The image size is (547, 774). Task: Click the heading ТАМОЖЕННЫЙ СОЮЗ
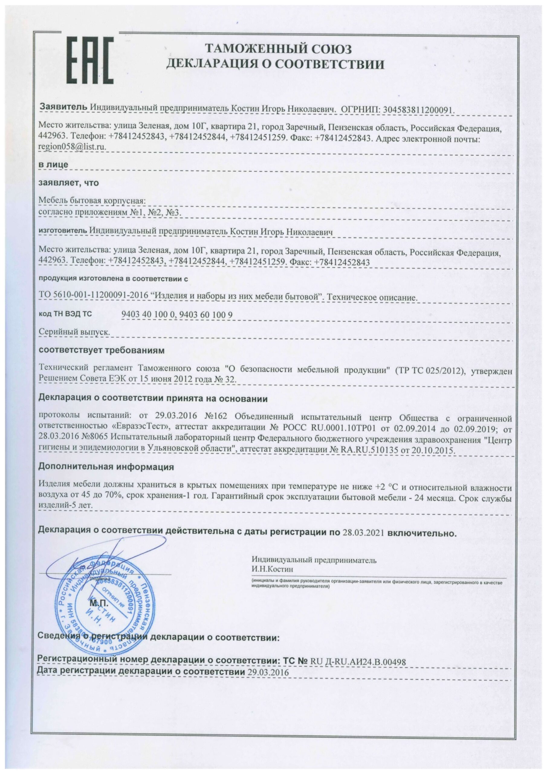[278, 49]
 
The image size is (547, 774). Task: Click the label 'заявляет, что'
[69, 183]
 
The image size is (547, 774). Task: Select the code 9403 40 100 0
[148, 314]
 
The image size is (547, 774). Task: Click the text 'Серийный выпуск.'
[74, 332]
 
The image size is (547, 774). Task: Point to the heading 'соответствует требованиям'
[102, 350]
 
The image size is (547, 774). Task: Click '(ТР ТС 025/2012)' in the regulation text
[431, 370]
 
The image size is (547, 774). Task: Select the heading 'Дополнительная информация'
[106, 467]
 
